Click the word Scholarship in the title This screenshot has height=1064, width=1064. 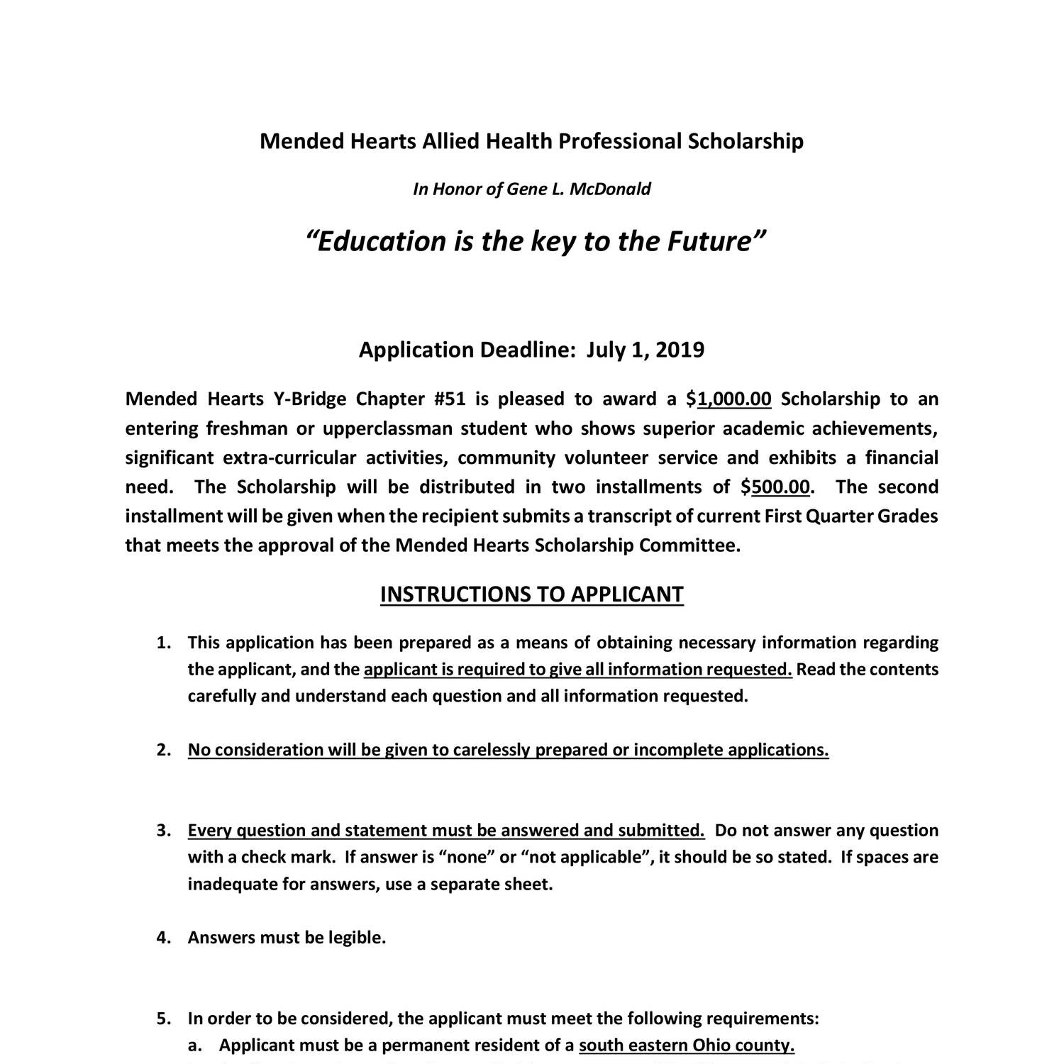point(746,141)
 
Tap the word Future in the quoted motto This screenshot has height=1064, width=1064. point(711,242)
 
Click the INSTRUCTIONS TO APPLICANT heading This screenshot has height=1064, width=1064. point(531,594)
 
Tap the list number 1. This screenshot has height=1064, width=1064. point(163,643)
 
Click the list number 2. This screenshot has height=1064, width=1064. point(163,750)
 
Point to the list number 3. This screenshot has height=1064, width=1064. point(163,831)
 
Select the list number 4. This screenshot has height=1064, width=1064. point(163,938)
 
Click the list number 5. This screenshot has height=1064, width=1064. point(163,1019)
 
